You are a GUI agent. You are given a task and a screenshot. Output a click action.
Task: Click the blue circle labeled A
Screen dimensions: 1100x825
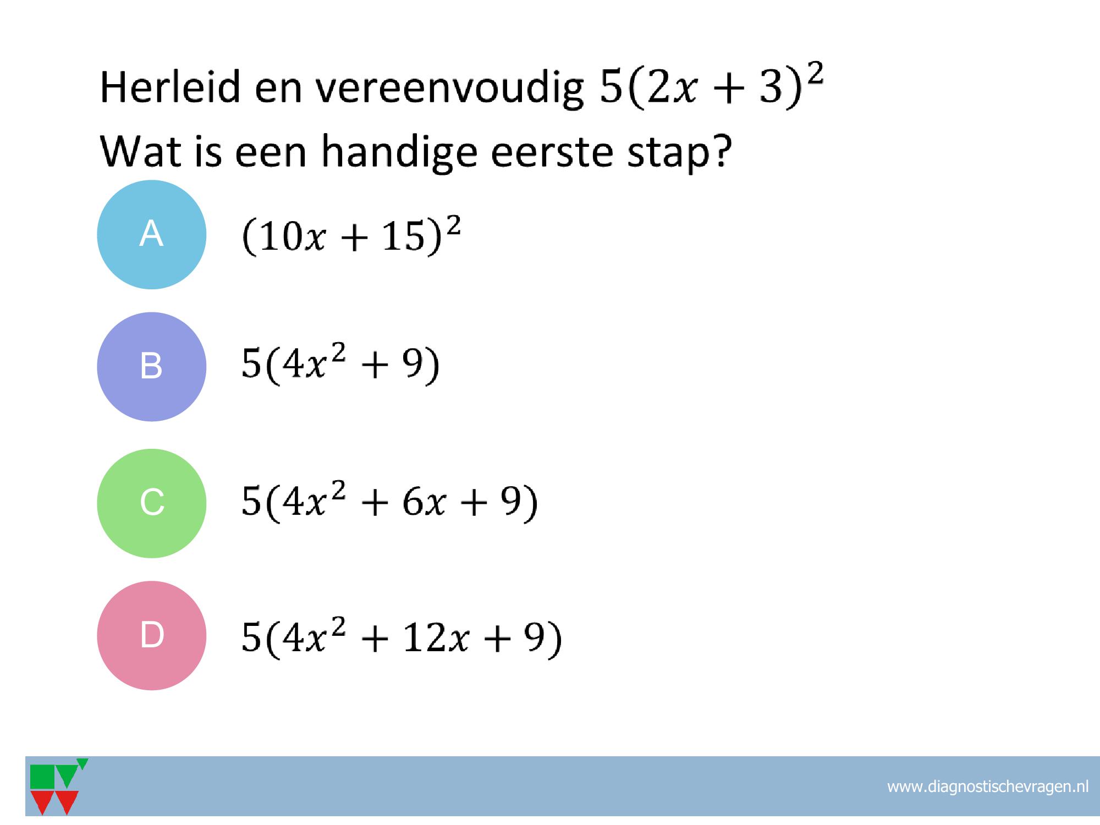point(151,234)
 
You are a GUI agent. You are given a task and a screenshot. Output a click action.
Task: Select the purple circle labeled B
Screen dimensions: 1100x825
point(151,367)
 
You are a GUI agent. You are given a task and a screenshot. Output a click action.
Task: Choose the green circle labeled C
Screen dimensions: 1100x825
point(151,503)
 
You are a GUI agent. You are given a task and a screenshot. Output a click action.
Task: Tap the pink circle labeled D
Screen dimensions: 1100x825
point(151,635)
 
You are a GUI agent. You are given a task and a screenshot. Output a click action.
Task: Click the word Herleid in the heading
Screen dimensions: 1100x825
point(170,88)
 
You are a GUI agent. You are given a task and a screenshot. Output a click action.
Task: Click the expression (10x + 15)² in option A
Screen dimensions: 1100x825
point(351,236)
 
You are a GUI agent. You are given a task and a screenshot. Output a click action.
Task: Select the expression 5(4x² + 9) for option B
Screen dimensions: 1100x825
point(340,365)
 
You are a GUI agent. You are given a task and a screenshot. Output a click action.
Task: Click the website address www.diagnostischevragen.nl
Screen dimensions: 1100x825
point(988,787)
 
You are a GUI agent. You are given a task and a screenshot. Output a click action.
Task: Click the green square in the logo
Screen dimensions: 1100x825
point(42,777)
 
